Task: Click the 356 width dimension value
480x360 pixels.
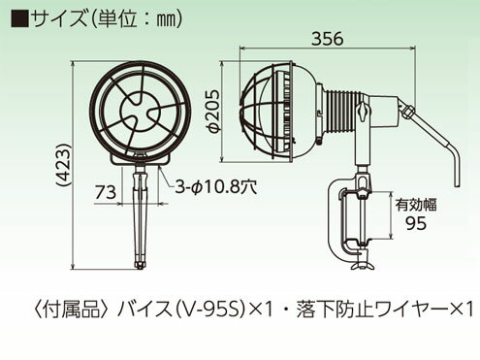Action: pyautogui.click(x=327, y=39)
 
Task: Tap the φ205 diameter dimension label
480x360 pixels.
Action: pyautogui.click(x=213, y=111)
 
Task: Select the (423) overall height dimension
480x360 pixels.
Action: pyautogui.click(x=63, y=165)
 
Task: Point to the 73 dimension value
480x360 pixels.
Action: pyautogui.click(x=106, y=192)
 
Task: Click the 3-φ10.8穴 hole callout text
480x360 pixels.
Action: pyautogui.click(x=216, y=186)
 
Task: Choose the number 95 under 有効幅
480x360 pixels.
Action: pyautogui.click(x=416, y=223)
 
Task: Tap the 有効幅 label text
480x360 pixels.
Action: pyautogui.click(x=416, y=205)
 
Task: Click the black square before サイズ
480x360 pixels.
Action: pyautogui.click(x=20, y=19)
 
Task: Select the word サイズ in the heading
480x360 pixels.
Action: pyautogui.click(x=58, y=19)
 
